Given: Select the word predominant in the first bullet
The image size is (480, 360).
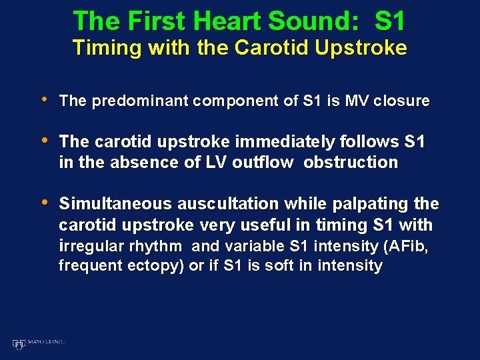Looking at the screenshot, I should coord(136,101).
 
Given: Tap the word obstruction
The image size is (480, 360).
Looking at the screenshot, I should coord(351,162).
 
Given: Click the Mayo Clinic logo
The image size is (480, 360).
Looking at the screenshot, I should coord(38,343).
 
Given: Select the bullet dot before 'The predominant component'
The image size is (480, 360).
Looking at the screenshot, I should coord(44,100).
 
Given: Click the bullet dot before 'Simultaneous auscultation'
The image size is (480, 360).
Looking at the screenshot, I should coord(44,203).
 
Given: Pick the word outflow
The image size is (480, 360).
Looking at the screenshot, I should coord(262,162).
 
